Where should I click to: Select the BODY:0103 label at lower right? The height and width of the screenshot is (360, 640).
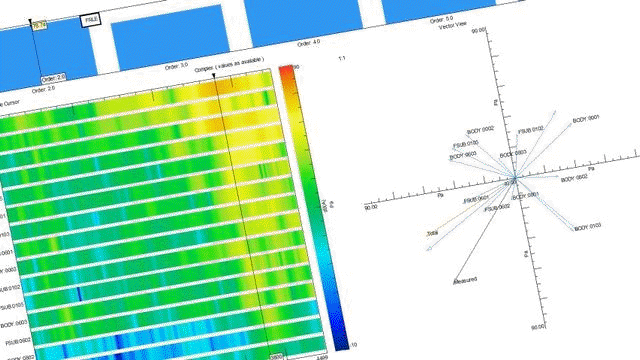click(588, 228)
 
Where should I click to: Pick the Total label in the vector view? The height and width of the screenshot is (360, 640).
click(432, 233)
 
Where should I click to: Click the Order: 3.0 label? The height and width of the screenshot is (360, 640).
click(176, 65)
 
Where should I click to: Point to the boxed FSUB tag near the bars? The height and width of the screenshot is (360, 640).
click(91, 19)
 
